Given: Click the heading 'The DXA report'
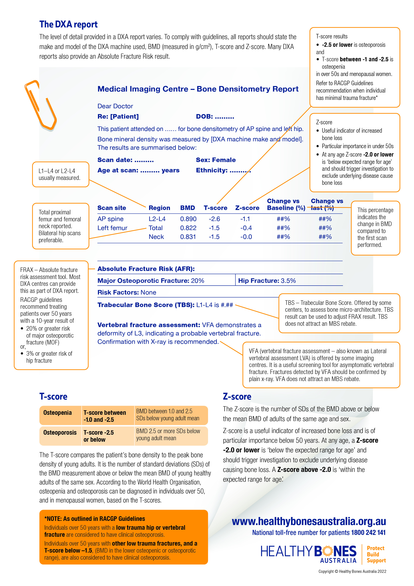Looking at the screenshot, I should click(68, 25).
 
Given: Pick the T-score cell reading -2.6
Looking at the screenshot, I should click(214, 219).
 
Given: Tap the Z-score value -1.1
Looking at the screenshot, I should click(245, 219).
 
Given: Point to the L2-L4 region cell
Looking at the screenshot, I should click(157, 219).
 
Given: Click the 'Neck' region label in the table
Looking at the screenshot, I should click(156, 237).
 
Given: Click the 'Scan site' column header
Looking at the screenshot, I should click(112, 208).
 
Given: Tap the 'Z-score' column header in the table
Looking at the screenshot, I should click(247, 208).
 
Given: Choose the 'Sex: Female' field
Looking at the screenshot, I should click(216, 160).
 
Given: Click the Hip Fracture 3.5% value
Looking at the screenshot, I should click(288, 281).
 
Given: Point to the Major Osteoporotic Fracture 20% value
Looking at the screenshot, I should click(197, 281).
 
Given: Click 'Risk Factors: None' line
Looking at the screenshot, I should click(127, 292).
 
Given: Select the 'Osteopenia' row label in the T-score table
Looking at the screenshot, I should click(57, 413).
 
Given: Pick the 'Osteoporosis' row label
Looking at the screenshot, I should click(60, 433).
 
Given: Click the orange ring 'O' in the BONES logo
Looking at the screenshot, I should click(328, 551).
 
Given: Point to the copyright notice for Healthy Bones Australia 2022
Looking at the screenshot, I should click(352, 571).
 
